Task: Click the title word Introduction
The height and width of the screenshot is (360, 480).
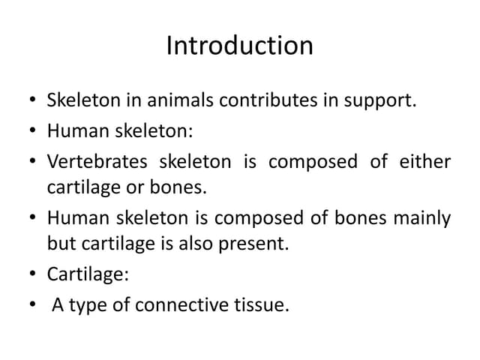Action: click(x=239, y=46)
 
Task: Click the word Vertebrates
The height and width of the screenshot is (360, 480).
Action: click(x=97, y=163)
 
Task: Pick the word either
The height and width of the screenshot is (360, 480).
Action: click(x=426, y=163)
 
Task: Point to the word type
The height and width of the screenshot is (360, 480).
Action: click(x=82, y=305)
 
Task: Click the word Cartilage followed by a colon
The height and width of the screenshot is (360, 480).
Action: click(x=85, y=274)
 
